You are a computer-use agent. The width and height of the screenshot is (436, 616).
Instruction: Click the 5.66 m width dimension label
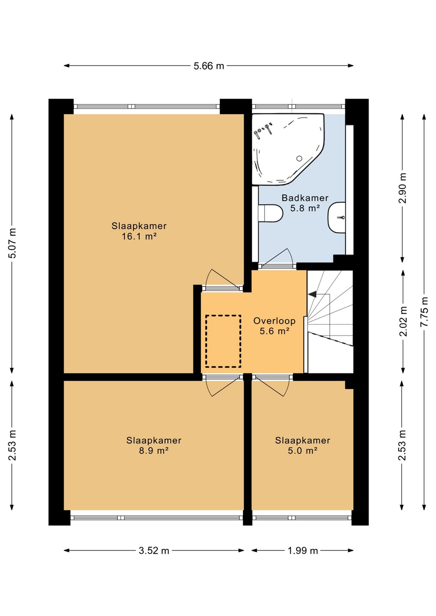tap(209, 66)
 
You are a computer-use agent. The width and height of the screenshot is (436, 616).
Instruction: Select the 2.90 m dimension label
tap(403, 188)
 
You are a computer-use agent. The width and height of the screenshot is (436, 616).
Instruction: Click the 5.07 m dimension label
tap(12, 243)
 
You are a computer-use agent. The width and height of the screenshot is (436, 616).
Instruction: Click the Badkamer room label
tap(305, 198)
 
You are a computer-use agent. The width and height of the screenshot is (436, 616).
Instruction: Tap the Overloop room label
tap(275, 321)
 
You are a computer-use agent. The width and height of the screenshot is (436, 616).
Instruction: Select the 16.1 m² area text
tap(139, 237)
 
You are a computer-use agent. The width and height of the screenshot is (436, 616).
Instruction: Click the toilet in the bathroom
tap(270, 213)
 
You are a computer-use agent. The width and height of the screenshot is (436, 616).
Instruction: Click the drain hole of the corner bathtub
tap(299, 158)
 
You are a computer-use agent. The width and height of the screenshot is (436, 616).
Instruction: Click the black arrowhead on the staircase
tap(312, 294)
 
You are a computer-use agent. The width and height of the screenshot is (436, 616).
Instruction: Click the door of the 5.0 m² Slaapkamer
tap(271, 386)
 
